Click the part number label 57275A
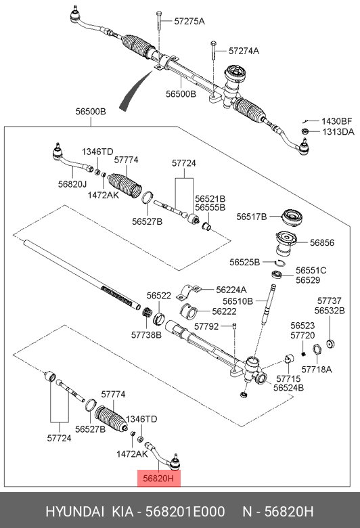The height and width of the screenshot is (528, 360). (189, 22)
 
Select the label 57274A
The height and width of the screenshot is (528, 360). (244, 51)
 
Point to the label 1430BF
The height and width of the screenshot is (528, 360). (337, 120)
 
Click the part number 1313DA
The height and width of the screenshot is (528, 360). (337, 131)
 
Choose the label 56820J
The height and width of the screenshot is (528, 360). (72, 183)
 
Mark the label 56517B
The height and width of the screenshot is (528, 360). (252, 217)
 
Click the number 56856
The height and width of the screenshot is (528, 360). (322, 242)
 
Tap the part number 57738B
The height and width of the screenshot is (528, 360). (147, 334)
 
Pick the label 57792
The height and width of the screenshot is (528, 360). (206, 326)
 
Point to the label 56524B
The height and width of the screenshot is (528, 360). (288, 388)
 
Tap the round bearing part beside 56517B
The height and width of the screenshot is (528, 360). (292, 219)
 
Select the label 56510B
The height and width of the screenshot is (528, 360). (239, 301)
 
